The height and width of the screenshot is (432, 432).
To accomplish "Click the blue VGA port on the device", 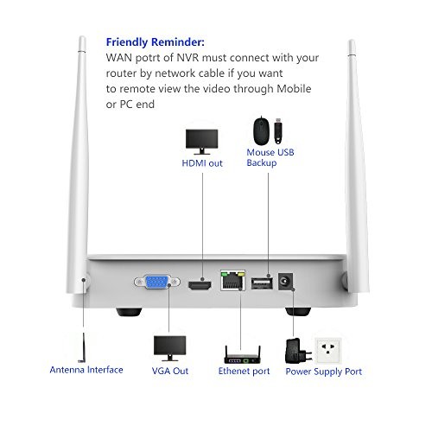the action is pos(157,282).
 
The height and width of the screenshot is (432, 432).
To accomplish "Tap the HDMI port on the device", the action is pos(200,285).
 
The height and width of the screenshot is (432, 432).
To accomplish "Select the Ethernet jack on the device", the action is pos(232,280).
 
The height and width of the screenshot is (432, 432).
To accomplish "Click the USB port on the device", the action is pos(262,283).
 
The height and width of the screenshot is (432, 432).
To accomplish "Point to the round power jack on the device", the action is pos(286,282).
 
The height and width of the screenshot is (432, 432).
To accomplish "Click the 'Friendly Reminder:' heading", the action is pos(156,42).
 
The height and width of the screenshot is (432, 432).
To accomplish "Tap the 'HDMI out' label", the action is pos(202,163).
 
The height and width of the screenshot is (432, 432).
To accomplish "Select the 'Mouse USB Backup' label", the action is pos(270,157).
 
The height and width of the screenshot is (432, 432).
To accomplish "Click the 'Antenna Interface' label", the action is pos(86,370).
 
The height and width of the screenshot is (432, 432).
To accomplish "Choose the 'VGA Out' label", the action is pos(170,371).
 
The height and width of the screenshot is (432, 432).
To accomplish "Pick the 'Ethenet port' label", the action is pos(244,371).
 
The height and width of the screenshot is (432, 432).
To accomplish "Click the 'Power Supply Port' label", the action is pos(324,372).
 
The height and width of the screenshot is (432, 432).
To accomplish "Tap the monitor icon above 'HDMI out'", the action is pos(201,142).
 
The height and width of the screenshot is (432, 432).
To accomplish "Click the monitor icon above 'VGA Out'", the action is pos(170,348).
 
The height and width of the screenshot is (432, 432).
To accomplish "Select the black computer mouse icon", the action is pos(262,131).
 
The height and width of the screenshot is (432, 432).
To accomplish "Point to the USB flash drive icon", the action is pos(277,131).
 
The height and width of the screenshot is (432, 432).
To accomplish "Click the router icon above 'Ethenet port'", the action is pos(243,355).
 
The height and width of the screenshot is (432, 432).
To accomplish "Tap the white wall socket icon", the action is pos(328,351).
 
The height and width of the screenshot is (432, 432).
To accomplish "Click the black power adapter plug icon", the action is pos(298,351).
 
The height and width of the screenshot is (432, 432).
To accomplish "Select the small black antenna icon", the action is pos(83,347).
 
